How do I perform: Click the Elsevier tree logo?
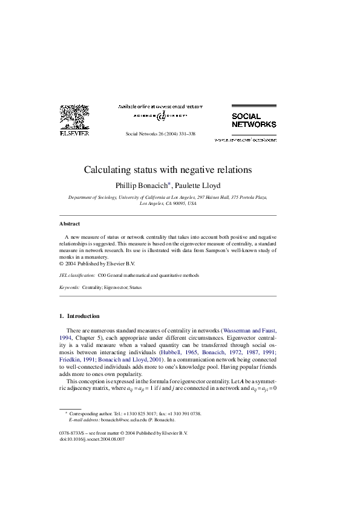coord(74,117)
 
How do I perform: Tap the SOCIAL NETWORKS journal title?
coord(254,120)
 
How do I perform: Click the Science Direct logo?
coord(160,115)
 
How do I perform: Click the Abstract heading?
coord(70,224)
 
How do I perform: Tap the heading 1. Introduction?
coord(79,316)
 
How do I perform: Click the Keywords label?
coord(69,288)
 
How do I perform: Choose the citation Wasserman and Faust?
coord(249,331)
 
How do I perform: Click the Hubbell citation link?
coord(172,351)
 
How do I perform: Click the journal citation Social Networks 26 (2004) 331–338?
coord(160,133)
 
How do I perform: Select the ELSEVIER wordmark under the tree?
coord(74,133)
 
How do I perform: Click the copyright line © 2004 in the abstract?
coord(97,264)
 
